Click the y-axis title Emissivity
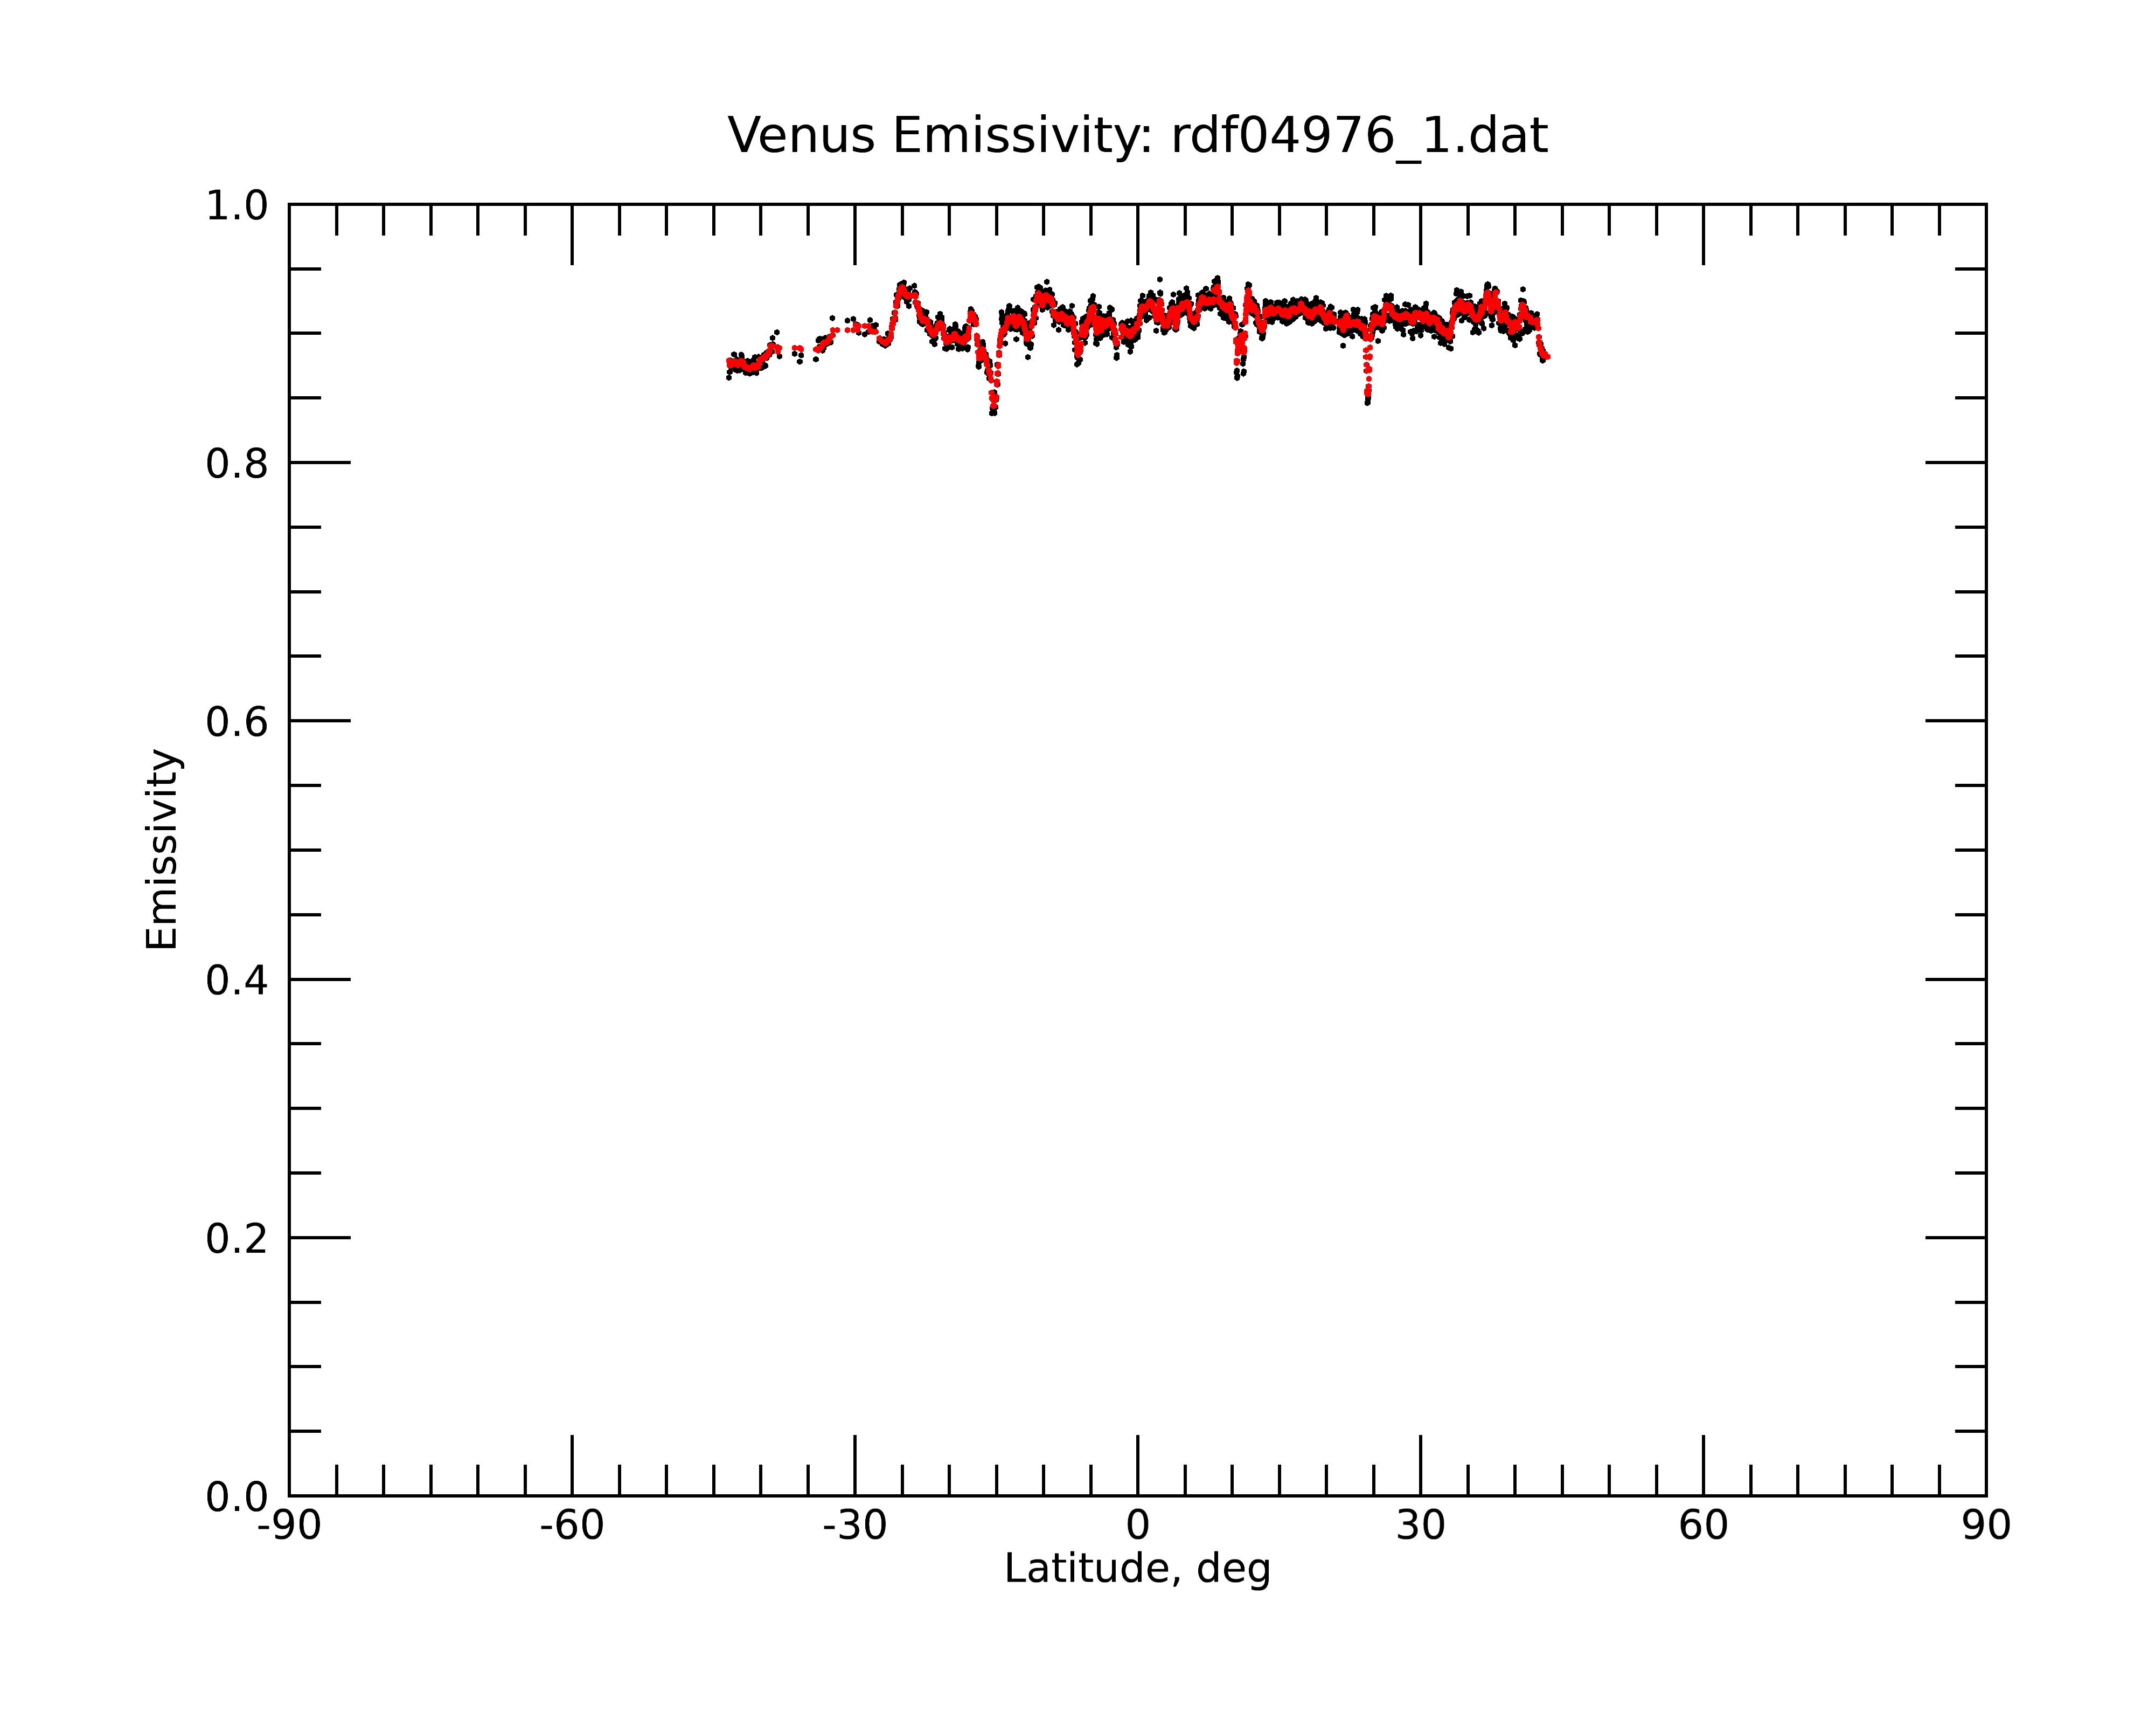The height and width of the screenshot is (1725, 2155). pos(162,849)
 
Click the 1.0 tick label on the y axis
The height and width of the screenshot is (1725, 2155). pos(237,207)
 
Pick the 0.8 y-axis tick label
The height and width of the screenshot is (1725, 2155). pos(237,464)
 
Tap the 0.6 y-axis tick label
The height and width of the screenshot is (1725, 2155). pos(237,722)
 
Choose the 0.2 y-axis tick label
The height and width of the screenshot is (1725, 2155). pos(237,1239)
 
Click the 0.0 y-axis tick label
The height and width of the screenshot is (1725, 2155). pos(237,1497)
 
